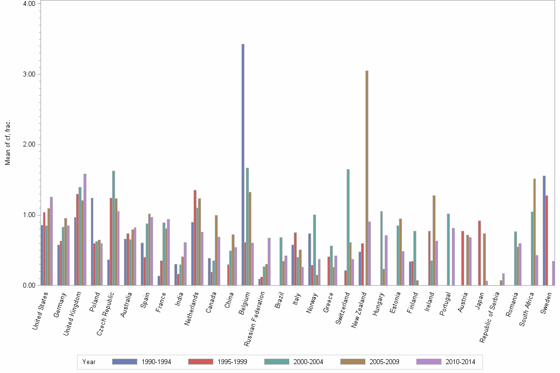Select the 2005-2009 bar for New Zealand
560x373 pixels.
(x=367, y=178)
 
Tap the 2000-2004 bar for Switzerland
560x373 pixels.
(x=348, y=227)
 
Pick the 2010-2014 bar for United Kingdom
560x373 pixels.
(x=85, y=229)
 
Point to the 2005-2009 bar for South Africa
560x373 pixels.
(x=534, y=232)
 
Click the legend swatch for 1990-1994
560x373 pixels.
(x=124, y=362)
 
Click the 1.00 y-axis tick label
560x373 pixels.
(x=29, y=215)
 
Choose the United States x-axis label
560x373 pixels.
(x=40, y=311)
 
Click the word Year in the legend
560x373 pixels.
(x=89, y=362)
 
